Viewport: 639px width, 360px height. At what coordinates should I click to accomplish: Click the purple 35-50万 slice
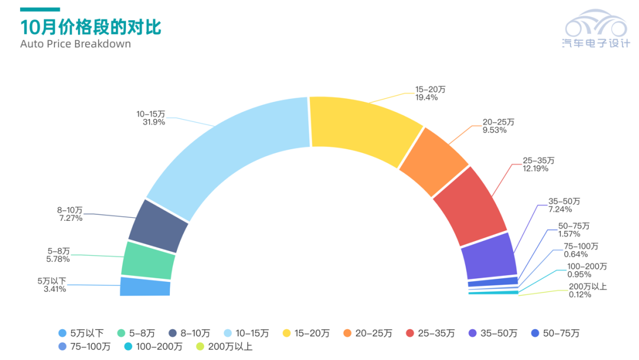[488, 256]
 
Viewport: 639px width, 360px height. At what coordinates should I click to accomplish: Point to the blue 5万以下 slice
[145, 287]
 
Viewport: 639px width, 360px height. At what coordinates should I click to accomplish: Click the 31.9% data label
[151, 122]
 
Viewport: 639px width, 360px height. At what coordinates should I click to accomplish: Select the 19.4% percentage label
[426, 98]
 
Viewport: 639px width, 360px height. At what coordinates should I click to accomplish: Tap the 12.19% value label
[535, 169]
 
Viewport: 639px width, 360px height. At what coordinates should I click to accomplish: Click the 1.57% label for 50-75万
[569, 234]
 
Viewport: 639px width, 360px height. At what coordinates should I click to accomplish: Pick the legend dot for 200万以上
[200, 346]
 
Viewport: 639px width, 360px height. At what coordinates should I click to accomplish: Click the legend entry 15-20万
[306, 333]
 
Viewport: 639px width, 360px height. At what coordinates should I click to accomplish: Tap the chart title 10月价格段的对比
[91, 27]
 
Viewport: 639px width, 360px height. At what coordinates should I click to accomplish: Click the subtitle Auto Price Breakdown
[75, 44]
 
